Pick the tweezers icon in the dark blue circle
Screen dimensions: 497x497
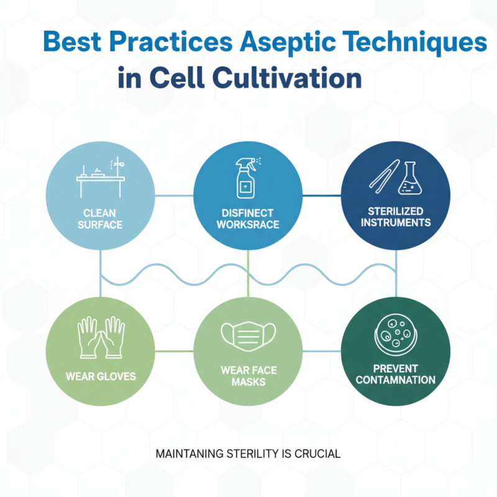[385, 174]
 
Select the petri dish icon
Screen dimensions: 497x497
[395, 335]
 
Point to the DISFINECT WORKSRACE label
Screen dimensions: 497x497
[248, 219]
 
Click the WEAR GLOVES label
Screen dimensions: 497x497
[101, 376]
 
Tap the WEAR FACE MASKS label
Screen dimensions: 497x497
[248, 376]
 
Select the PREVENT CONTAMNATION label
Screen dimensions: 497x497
[396, 374]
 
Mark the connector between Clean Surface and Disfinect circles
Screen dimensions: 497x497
[174, 196]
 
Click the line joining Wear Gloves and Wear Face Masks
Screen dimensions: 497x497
[174, 351]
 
